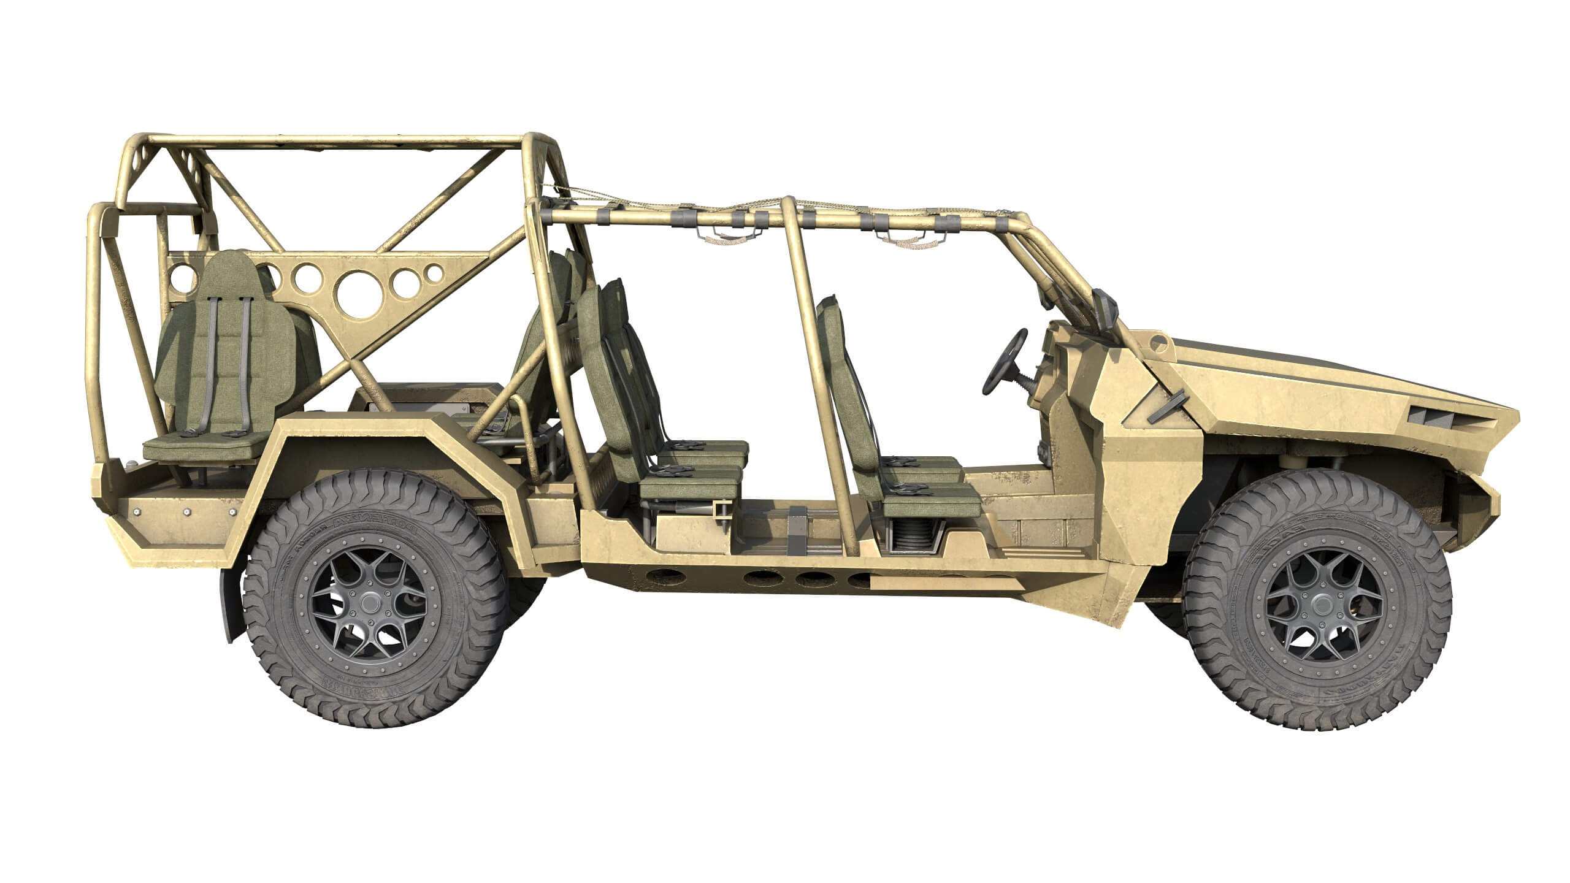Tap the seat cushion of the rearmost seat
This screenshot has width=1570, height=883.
pos(202,444)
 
